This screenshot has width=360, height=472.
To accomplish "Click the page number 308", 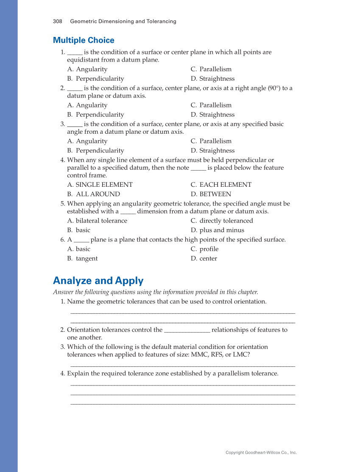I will [58, 21].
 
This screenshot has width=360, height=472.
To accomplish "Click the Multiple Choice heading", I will [84, 40].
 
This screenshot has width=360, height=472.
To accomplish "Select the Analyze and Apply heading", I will [98, 281].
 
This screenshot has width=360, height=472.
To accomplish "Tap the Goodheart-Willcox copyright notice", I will [261, 452].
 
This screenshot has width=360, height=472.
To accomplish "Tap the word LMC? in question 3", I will [241, 354].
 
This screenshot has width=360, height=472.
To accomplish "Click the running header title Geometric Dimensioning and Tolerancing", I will [123, 21].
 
